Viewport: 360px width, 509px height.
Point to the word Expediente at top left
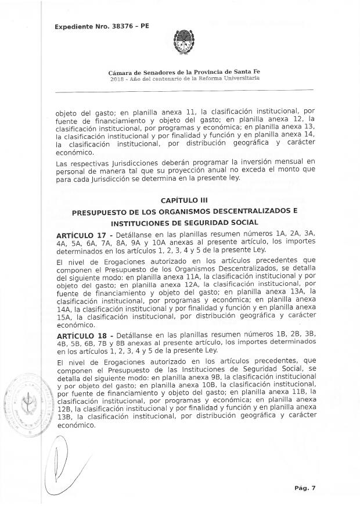coord(74,26)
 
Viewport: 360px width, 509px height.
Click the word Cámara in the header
coord(120,71)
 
